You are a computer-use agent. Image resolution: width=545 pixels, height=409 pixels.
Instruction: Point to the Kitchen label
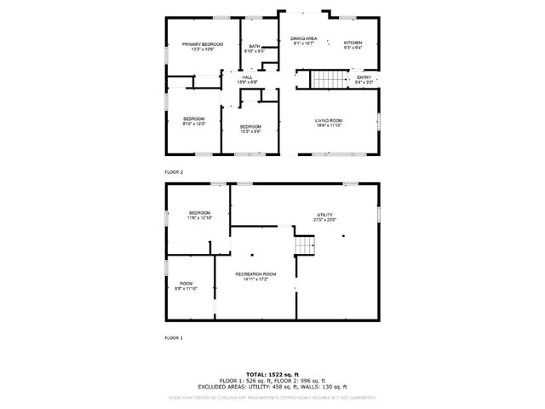coord(353,44)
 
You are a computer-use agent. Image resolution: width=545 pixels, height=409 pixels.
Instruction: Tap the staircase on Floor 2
coord(325,80)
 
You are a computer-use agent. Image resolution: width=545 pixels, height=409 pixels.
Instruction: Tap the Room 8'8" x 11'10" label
coord(186,285)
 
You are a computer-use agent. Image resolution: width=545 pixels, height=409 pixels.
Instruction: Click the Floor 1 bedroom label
coord(199,215)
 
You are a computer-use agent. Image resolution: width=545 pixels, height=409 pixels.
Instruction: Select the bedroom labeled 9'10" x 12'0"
coord(194,121)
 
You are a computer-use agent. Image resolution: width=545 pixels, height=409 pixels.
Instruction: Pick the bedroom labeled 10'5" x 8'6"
coord(250,129)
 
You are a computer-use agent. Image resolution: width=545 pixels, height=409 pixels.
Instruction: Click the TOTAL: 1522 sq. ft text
coord(272,374)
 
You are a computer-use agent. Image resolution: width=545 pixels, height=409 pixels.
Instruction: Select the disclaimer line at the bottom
coord(272,397)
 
